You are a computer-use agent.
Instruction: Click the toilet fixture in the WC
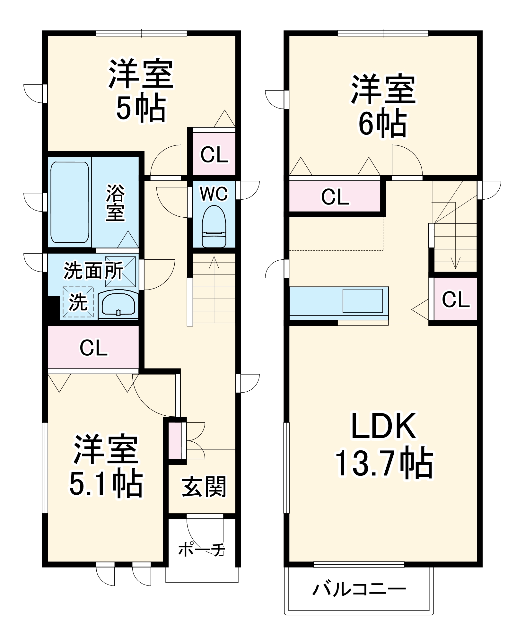coord(214,226)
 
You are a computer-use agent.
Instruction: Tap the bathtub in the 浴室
coord(70,202)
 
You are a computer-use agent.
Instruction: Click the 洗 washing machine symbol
coord(78,302)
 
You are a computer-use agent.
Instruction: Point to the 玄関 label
coord(204,487)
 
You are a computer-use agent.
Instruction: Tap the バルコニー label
coord(359,589)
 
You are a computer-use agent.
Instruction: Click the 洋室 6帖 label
coord(383,106)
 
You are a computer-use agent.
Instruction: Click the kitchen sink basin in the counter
coord(363,301)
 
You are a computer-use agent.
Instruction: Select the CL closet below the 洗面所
coord(93,347)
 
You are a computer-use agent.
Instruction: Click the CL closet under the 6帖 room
coord(335,197)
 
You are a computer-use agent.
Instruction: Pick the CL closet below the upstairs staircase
coord(455,299)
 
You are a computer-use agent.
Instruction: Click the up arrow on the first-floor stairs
coord(214,263)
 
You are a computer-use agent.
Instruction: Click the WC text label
coord(214,194)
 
